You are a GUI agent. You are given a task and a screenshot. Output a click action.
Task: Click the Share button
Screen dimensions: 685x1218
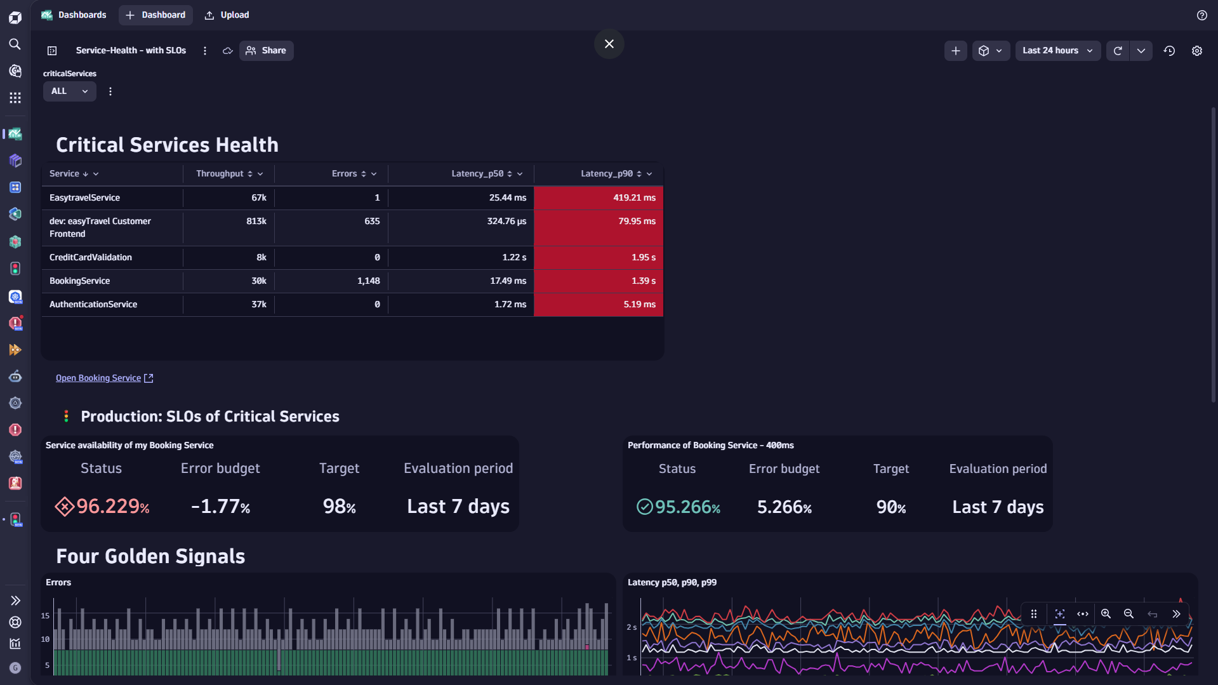tap(266, 51)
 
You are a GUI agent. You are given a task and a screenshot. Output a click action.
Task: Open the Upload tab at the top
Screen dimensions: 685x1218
tap(227, 15)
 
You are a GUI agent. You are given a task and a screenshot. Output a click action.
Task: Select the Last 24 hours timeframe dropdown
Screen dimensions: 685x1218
tap(1057, 51)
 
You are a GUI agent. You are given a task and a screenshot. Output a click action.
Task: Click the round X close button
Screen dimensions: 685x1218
tap(609, 44)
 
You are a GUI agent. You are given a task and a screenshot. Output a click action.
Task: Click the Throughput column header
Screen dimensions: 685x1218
tap(220, 174)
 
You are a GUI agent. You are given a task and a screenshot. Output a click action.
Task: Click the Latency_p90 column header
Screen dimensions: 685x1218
tap(606, 174)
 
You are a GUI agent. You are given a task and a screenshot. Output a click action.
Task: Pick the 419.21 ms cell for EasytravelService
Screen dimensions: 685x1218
tap(633, 198)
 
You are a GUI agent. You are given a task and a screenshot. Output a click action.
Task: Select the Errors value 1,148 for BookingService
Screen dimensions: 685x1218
tap(368, 281)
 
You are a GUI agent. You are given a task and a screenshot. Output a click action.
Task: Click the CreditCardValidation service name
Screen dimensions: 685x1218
tap(91, 258)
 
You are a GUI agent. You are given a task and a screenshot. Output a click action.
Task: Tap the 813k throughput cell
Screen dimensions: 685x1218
tap(256, 222)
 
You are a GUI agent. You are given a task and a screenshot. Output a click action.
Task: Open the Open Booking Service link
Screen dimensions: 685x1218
tap(98, 378)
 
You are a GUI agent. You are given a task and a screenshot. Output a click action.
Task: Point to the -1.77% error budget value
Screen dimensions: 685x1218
tap(220, 507)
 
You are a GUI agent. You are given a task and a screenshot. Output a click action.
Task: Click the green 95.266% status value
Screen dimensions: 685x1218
tap(687, 507)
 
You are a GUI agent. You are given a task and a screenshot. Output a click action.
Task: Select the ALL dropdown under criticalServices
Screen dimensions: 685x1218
tap(69, 91)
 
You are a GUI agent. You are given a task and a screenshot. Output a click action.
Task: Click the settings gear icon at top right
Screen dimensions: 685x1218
tap(1196, 51)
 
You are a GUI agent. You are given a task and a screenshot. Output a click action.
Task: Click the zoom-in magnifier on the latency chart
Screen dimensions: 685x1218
tap(1106, 614)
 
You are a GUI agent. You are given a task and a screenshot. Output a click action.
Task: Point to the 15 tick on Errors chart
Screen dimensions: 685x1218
tap(45, 616)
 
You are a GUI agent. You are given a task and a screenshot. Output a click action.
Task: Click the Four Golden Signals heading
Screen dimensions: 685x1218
tap(150, 557)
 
